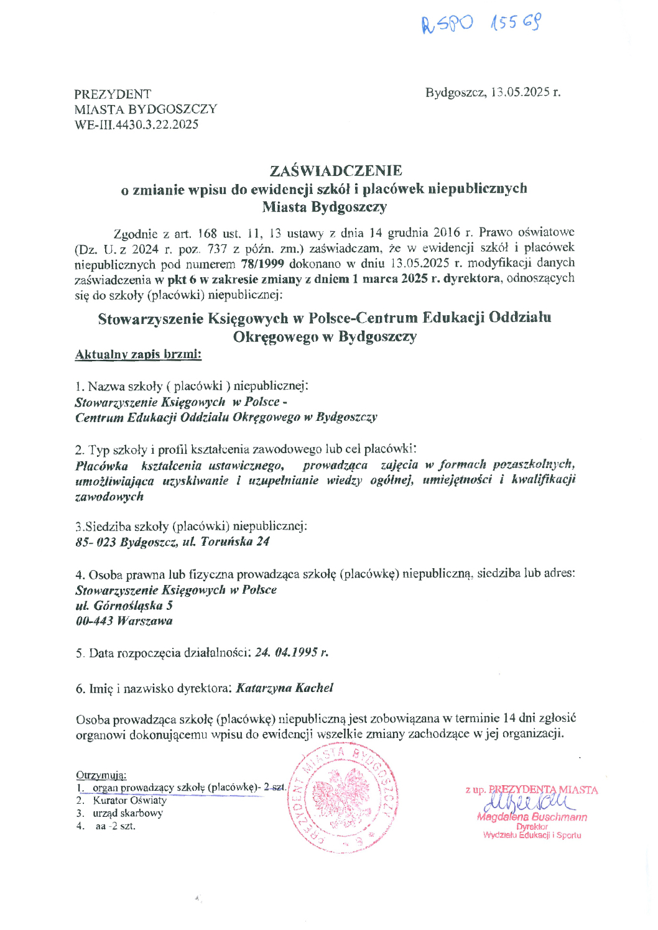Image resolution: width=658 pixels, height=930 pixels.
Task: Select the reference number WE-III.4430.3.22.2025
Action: pyautogui.click(x=136, y=124)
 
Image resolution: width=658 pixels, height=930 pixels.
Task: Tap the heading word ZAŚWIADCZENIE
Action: pyautogui.click(x=336, y=170)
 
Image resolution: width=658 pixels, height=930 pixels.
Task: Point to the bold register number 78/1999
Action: pyautogui.click(x=262, y=263)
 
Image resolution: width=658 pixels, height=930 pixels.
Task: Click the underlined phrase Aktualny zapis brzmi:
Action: pyautogui.click(x=138, y=354)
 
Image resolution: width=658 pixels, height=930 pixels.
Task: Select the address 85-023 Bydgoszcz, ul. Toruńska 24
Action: pyautogui.click(x=172, y=541)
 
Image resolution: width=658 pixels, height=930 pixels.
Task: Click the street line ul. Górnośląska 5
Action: pyautogui.click(x=124, y=605)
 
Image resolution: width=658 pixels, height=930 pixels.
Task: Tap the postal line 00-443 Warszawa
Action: pyautogui.click(x=124, y=620)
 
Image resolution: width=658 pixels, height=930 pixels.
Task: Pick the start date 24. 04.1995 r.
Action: pyautogui.click(x=292, y=653)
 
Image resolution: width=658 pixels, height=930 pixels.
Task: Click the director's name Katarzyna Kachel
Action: pyautogui.click(x=284, y=688)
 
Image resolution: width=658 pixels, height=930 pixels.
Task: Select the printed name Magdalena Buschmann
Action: pyautogui.click(x=532, y=817)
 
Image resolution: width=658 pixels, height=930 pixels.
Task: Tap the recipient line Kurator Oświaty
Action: pyautogui.click(x=129, y=800)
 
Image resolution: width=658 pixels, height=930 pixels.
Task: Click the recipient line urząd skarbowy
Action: pyautogui.click(x=127, y=813)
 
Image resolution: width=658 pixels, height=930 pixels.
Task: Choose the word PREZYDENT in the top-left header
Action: pyautogui.click(x=113, y=94)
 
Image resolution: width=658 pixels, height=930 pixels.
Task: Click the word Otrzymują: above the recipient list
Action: pyautogui.click(x=101, y=775)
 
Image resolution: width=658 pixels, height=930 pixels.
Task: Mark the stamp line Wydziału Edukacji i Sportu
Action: pyautogui.click(x=532, y=835)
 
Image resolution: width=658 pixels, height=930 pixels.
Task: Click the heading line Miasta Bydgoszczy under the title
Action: pyautogui.click(x=324, y=207)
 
